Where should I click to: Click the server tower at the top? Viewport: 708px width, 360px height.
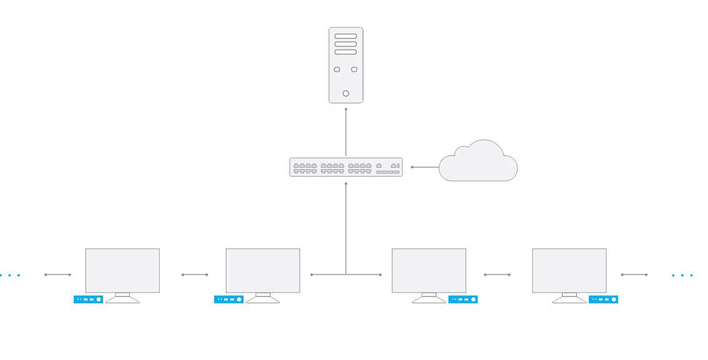click(345, 65)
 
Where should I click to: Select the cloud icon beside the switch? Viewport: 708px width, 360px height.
click(478, 163)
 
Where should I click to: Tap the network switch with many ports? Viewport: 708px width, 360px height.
click(345, 167)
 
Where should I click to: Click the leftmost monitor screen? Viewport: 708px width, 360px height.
click(122, 270)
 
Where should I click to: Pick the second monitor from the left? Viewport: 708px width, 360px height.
click(263, 270)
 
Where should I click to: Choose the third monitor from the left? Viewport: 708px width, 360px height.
click(429, 270)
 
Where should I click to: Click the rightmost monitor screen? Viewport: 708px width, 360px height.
click(569, 270)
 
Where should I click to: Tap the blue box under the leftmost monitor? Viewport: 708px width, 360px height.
click(88, 299)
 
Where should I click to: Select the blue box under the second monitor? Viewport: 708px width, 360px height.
click(229, 299)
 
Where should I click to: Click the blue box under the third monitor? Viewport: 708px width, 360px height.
click(463, 299)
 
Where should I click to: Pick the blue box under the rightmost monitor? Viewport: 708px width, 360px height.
click(603, 299)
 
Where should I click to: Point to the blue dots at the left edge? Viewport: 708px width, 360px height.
click(9, 275)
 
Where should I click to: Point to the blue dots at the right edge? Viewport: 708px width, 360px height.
click(682, 275)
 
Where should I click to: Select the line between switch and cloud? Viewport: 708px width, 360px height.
click(425, 167)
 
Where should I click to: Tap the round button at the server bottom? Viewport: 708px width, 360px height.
click(346, 94)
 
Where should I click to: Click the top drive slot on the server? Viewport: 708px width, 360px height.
click(346, 36)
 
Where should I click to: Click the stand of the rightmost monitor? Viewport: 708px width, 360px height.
click(569, 298)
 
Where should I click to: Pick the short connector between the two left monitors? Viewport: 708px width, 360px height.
click(195, 275)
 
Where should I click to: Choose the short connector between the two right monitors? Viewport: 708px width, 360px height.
click(497, 275)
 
